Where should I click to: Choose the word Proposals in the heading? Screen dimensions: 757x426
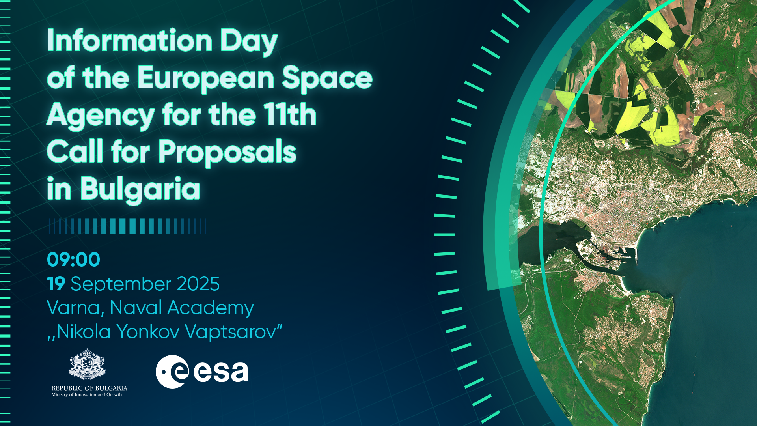(x=227, y=153)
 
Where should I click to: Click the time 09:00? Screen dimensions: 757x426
(x=74, y=260)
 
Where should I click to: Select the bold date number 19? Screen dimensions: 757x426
(x=56, y=284)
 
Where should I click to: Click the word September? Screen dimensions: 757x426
(x=120, y=285)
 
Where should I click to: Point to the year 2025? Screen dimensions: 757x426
(x=198, y=284)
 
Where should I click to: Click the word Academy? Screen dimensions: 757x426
(x=210, y=308)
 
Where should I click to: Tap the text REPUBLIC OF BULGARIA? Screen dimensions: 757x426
(x=89, y=388)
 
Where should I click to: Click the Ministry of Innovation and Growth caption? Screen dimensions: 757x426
(x=87, y=394)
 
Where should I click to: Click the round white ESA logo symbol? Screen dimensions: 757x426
(x=172, y=372)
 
